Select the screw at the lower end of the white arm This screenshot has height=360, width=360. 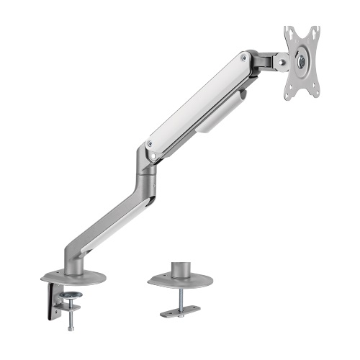point(150,145)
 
